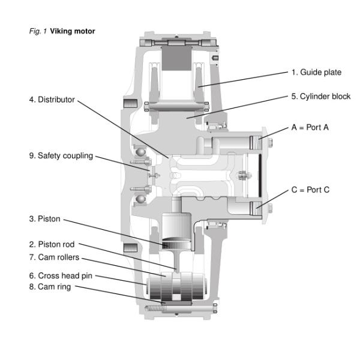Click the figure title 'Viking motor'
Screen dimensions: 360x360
click(73, 31)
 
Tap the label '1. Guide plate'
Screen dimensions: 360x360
click(316, 73)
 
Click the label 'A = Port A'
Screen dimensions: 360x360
click(310, 128)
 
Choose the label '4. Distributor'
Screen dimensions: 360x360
click(52, 100)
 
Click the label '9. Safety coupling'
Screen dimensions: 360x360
click(61, 155)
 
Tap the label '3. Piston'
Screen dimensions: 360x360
click(45, 219)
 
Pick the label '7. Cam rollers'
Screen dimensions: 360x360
click(54, 257)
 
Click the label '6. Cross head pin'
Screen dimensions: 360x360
click(59, 275)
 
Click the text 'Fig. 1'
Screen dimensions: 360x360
click(38, 31)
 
